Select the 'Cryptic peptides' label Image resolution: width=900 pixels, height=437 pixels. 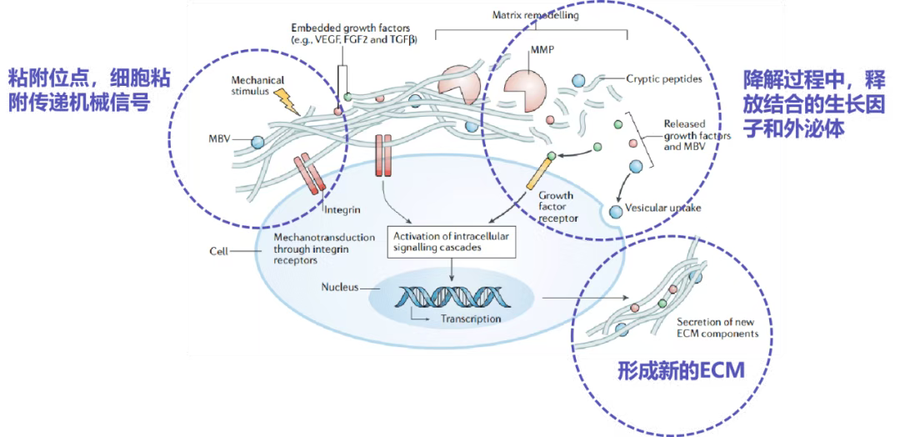pos(663,79)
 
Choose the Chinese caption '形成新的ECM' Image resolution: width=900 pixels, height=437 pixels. pos(680,370)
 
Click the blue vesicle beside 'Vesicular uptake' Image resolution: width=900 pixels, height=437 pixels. pos(616,211)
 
